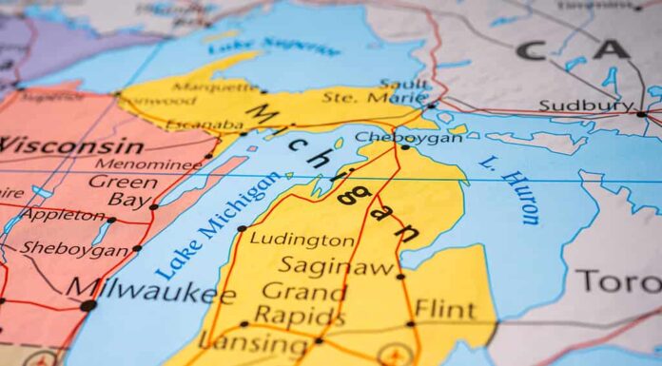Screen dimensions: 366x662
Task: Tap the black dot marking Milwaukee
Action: (88, 305)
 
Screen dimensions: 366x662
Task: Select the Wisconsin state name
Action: (71, 145)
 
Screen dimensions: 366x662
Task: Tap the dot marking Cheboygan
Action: (405, 147)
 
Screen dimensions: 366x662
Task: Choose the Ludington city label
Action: (302, 240)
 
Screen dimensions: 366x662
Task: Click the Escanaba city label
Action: (204, 124)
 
